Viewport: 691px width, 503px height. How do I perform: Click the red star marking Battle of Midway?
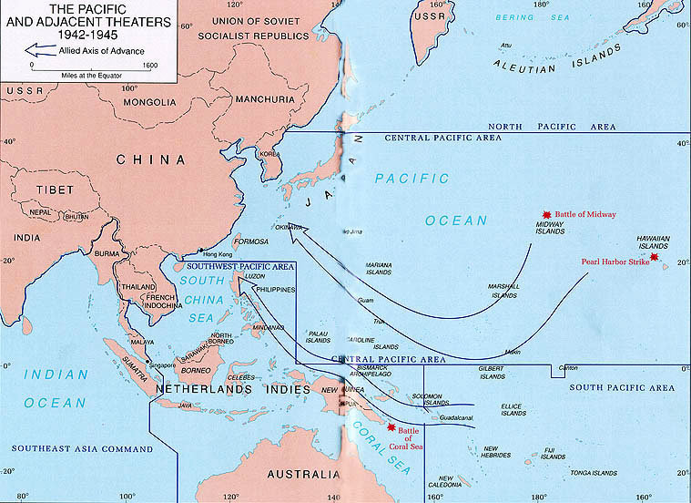(546, 210)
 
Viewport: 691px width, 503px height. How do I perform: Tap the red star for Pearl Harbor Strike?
(653, 257)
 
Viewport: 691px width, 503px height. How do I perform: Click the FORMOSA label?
(250, 241)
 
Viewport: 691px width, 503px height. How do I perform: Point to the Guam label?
(366, 300)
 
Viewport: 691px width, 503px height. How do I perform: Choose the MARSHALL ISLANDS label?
(503, 291)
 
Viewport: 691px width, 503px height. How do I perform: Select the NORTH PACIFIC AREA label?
(541, 125)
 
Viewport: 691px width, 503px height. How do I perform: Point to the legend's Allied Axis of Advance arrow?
(37, 50)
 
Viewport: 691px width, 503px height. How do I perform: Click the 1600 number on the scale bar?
(149, 65)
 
